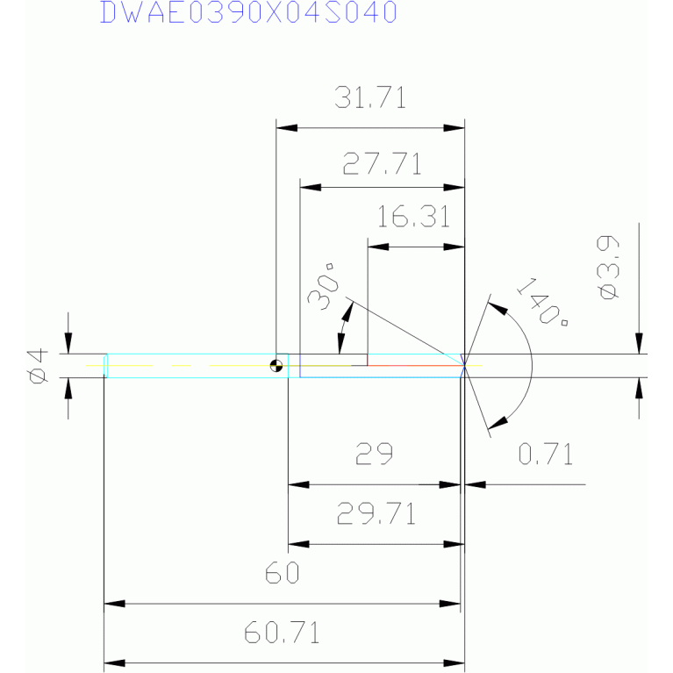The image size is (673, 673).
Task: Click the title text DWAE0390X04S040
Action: coord(248,12)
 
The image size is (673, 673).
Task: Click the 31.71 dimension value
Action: coord(370,97)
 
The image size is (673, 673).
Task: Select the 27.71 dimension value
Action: coord(383,164)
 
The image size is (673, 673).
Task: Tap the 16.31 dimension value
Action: coord(414,217)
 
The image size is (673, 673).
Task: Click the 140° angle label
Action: coord(541,301)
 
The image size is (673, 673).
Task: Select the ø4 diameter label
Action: coord(37,365)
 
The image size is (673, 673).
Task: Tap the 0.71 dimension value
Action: coord(545,454)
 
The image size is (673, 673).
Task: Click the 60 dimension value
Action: coord(283,574)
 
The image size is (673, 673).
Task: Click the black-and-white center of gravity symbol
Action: coord(277,365)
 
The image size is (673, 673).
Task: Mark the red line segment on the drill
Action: coord(412,362)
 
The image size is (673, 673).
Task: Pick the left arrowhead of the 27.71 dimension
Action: coord(311,188)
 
